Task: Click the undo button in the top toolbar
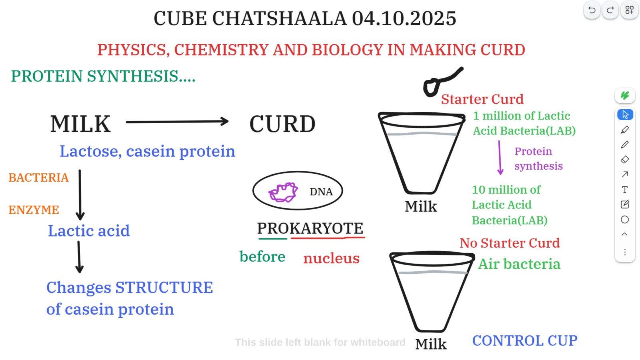(592, 10)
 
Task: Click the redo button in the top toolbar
(610, 10)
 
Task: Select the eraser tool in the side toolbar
(625, 160)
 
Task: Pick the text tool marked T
(625, 190)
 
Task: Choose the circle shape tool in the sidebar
(625, 220)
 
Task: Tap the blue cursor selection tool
(625, 114)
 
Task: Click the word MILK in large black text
(80, 124)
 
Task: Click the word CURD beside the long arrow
(282, 124)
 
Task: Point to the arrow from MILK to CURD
(177, 122)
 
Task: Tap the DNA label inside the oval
(321, 192)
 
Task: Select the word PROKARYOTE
(310, 228)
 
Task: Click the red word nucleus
(332, 258)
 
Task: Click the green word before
(262, 256)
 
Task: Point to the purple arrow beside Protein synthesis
(500, 158)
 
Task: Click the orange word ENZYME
(34, 210)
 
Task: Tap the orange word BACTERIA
(38, 178)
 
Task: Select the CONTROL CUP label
(525, 340)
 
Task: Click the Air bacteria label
(520, 264)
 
